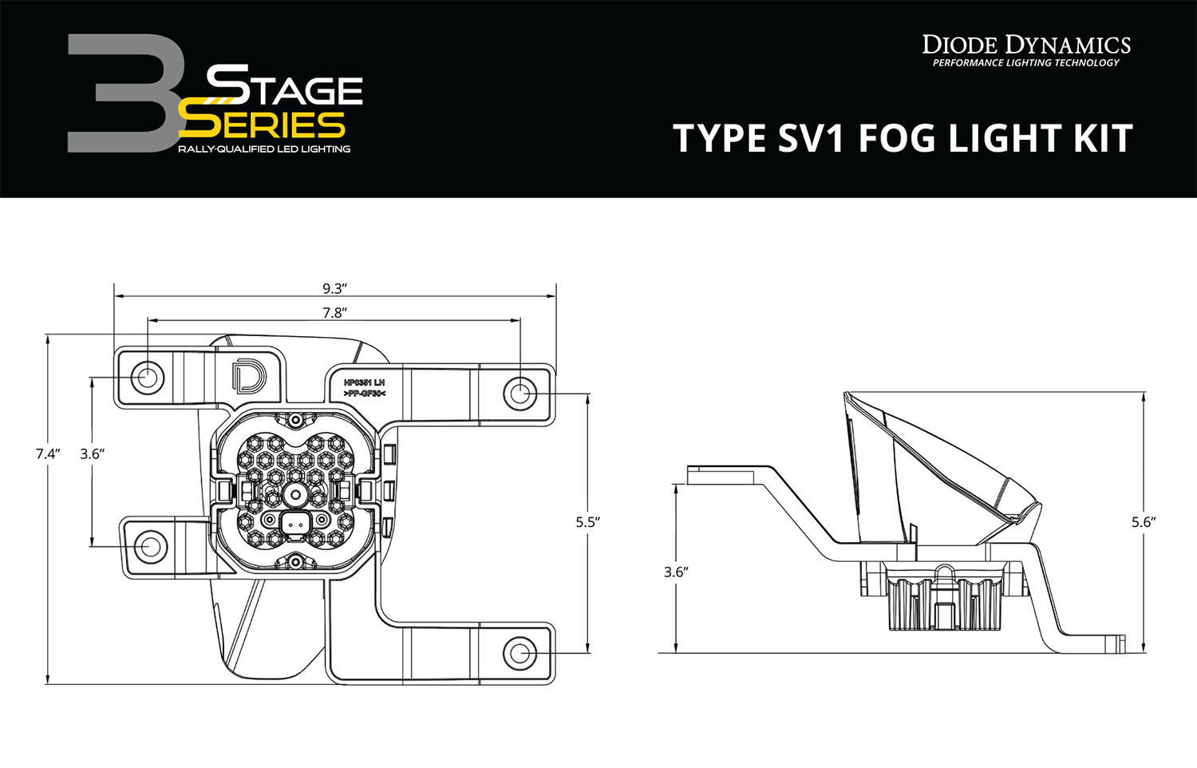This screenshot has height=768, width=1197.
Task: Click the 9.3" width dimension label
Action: (x=334, y=289)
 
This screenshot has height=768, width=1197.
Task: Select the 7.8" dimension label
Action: (x=334, y=313)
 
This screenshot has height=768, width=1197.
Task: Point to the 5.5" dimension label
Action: (x=587, y=522)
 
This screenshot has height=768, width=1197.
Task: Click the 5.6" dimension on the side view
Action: (x=1144, y=522)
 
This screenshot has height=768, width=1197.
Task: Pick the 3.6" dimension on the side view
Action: (x=676, y=572)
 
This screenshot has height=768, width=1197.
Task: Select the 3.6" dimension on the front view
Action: (x=93, y=453)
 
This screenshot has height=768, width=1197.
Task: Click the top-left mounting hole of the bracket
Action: (x=147, y=377)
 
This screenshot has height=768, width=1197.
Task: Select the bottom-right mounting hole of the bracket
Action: (x=519, y=652)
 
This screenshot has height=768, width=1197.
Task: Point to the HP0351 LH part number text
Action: (x=364, y=383)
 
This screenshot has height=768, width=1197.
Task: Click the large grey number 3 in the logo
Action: (x=128, y=94)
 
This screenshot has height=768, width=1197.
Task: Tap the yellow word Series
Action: (x=262, y=125)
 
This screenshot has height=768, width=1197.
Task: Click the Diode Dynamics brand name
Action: (x=1026, y=45)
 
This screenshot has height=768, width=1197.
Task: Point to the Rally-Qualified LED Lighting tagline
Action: (x=263, y=149)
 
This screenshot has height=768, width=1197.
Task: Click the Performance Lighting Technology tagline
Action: (x=1026, y=63)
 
